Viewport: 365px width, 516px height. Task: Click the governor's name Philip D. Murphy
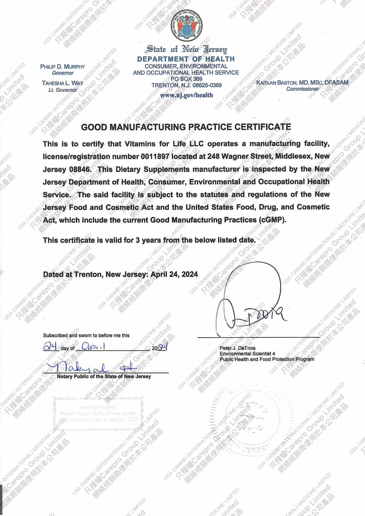click(x=63, y=67)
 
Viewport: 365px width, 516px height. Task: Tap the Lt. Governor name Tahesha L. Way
click(x=63, y=83)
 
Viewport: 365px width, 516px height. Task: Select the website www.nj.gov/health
click(x=186, y=95)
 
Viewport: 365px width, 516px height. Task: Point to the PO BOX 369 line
click(x=186, y=79)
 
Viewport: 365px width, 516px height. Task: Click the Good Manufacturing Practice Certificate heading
click(x=186, y=127)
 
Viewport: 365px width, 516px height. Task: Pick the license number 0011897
click(x=155, y=156)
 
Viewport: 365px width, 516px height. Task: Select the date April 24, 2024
click(x=174, y=274)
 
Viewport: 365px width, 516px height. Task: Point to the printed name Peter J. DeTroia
click(x=238, y=348)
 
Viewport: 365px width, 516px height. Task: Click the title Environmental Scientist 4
click(x=247, y=354)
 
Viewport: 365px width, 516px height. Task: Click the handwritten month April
click(x=94, y=346)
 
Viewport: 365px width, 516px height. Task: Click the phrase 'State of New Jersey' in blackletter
click(x=186, y=50)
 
